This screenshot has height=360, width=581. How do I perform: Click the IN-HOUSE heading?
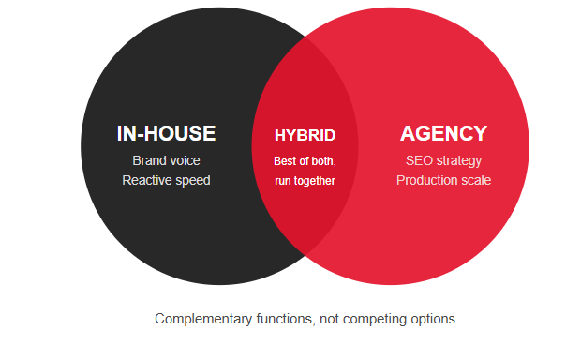click(x=166, y=133)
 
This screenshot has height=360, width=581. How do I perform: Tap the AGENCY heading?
click(x=443, y=133)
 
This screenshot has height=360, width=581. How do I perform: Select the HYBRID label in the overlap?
click(x=305, y=135)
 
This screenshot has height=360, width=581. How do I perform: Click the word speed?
click(x=193, y=181)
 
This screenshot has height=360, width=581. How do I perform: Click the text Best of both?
click(x=305, y=161)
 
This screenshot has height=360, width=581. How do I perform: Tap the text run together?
click(x=305, y=181)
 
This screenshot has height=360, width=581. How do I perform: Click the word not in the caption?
click(x=330, y=319)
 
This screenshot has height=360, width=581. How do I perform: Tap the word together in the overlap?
click(x=315, y=181)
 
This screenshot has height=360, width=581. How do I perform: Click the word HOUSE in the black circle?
click(x=180, y=133)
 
